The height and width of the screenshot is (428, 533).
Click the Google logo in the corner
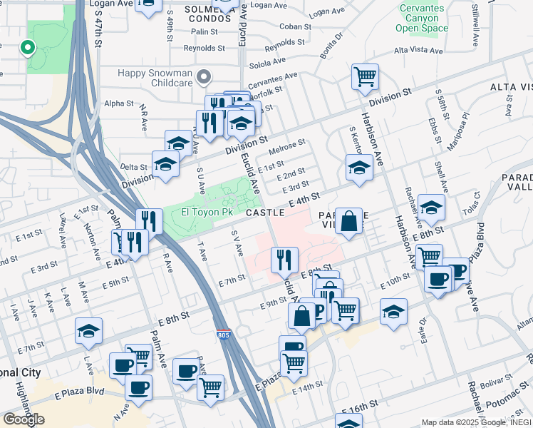click(x=24, y=419)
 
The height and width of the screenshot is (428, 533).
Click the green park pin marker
click(x=28, y=48)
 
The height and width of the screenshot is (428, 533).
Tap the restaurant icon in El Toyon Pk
click(x=150, y=220)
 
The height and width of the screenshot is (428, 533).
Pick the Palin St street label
click(x=204, y=32)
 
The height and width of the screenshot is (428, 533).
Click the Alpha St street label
click(x=119, y=103)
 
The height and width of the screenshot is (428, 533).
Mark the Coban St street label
click(x=291, y=26)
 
